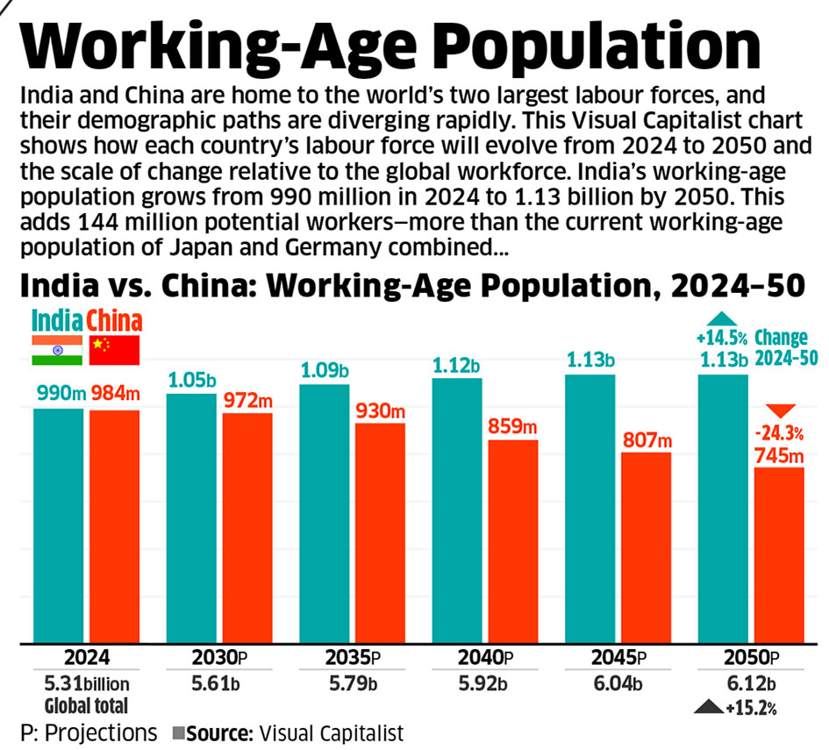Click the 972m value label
(x=247, y=400)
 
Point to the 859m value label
(x=512, y=427)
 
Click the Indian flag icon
(x=57, y=350)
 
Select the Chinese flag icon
(x=115, y=350)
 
